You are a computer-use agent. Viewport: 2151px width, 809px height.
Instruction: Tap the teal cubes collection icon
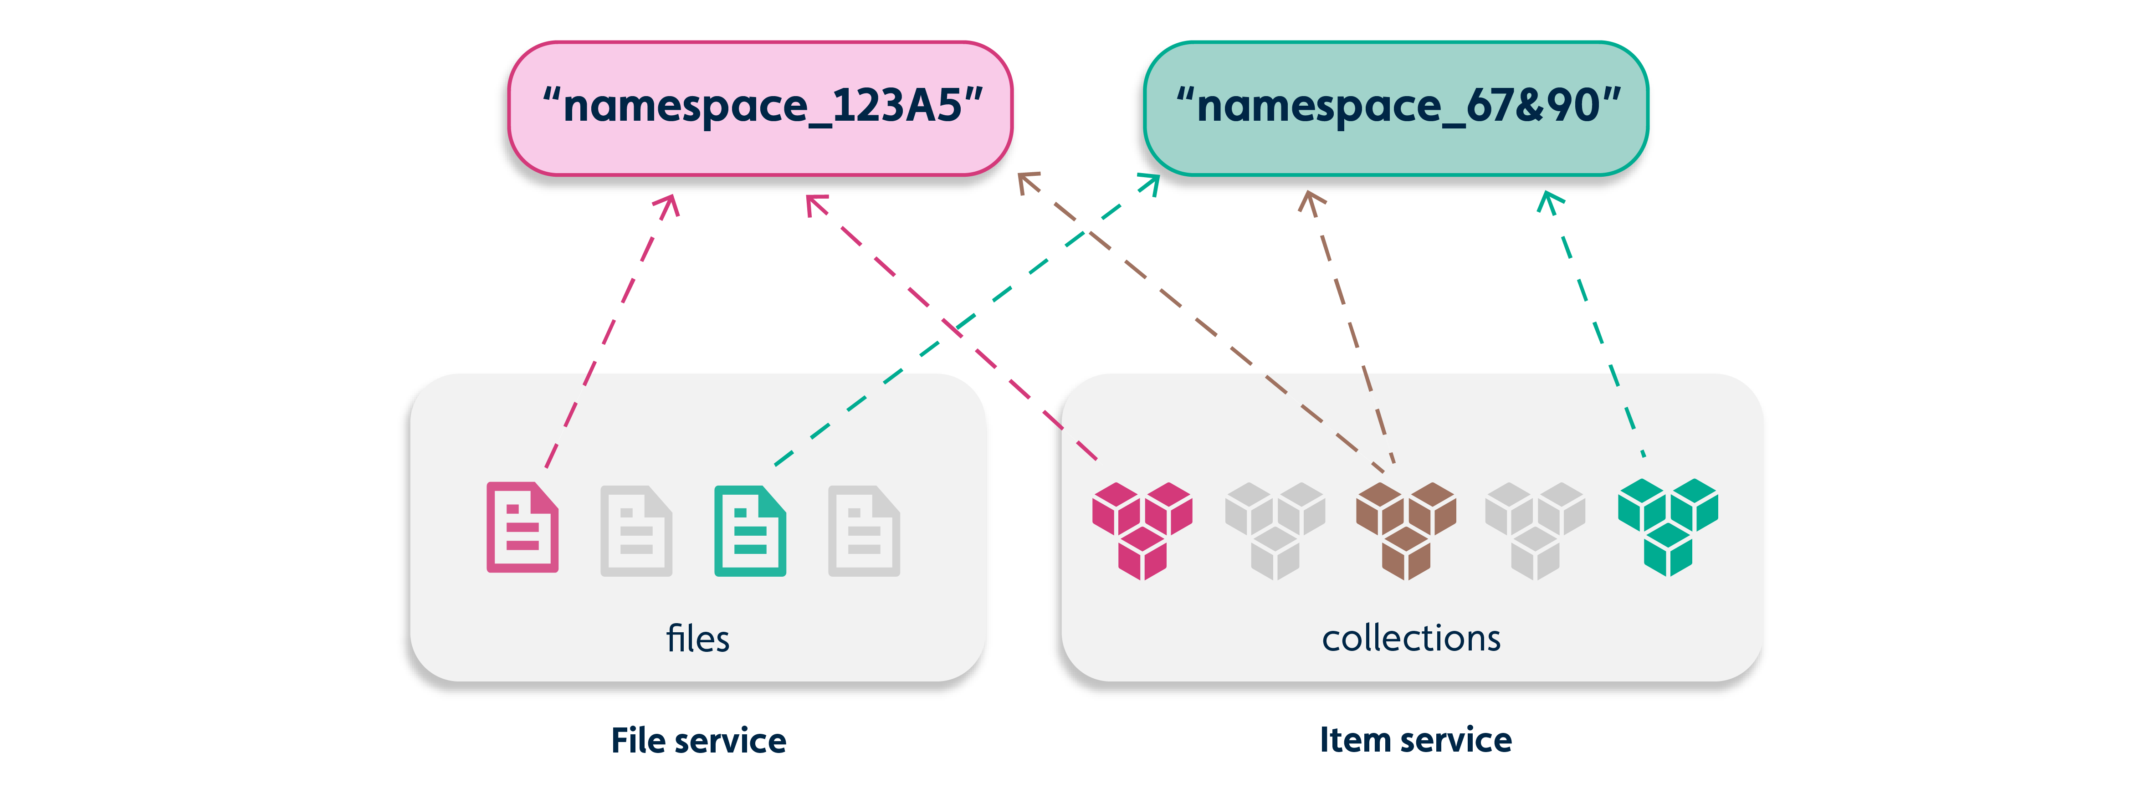[x=1668, y=526]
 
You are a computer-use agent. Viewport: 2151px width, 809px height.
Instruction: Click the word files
[x=697, y=639]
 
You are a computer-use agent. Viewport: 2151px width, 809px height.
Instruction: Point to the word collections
[x=1411, y=639]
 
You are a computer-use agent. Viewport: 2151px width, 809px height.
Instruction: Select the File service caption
[x=698, y=741]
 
